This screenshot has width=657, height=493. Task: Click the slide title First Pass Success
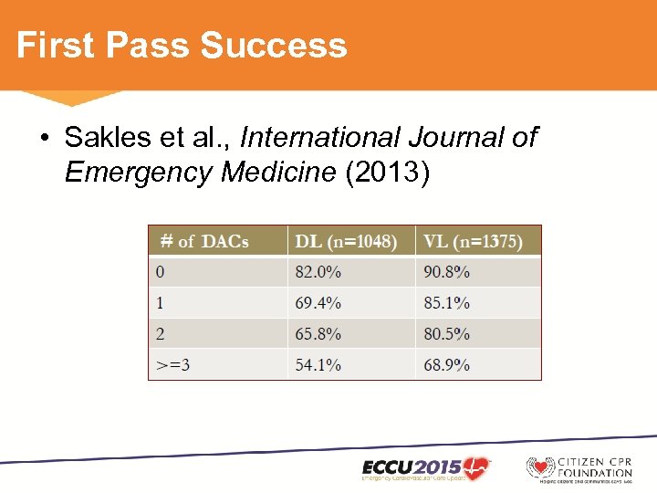(x=182, y=45)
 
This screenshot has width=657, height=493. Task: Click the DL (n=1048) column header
(x=346, y=241)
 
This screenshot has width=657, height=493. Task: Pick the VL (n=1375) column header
(x=472, y=241)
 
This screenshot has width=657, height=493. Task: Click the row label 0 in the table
(x=161, y=272)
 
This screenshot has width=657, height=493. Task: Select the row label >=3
(x=172, y=364)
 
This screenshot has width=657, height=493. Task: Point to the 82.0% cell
(x=318, y=272)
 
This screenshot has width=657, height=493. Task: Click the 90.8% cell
(x=446, y=272)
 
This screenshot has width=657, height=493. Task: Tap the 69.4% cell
(x=318, y=303)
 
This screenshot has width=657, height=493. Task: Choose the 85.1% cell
(x=446, y=303)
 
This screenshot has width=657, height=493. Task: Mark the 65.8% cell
(x=318, y=334)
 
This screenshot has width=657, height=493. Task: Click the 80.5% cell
(x=446, y=334)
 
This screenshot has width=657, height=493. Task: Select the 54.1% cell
(x=318, y=364)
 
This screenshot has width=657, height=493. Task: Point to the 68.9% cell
(x=446, y=364)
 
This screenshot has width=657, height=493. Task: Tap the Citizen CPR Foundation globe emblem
(x=540, y=468)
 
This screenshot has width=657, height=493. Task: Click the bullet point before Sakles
(x=45, y=139)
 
